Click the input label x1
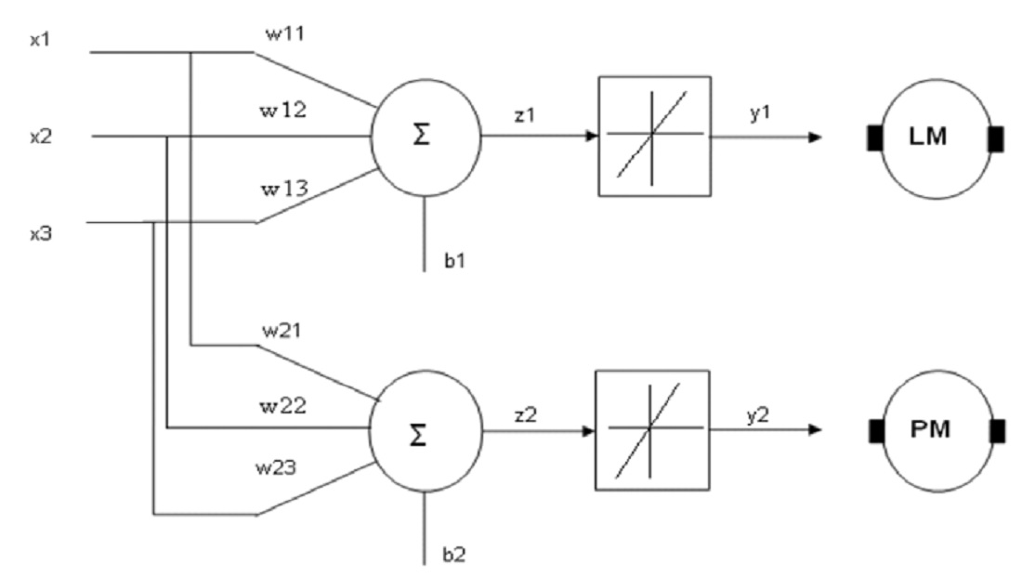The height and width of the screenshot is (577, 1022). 40,40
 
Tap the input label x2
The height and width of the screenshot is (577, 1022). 40,138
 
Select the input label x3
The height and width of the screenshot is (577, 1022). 40,233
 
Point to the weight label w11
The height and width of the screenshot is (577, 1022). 285,33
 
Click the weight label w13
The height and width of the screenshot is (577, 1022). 285,189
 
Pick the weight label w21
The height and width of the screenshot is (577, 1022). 282,331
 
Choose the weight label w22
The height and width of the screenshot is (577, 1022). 282,406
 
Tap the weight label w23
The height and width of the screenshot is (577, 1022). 276,467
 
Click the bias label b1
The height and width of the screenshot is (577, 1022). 455,261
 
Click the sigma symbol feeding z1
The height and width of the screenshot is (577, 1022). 422,136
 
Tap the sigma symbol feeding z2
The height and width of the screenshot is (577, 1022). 418,435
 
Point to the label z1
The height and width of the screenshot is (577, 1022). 525,115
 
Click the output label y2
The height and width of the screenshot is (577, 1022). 758,415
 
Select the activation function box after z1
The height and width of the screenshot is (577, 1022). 654,136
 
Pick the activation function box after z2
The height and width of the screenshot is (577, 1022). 652,430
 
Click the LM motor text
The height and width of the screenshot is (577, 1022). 927,137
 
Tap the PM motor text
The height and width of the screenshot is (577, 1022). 929,429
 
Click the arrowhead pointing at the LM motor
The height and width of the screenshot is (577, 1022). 815,138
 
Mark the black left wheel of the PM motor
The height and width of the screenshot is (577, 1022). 877,431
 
